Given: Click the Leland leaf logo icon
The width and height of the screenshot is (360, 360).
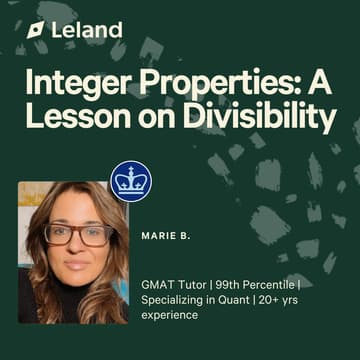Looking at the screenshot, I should point(37,30).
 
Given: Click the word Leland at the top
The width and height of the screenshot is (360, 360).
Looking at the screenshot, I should point(87,30).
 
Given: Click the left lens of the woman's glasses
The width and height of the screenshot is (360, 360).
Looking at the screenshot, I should point(57,237).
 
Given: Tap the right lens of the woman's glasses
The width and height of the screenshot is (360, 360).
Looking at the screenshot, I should point(95,236).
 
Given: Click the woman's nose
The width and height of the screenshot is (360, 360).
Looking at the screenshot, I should point(76,252).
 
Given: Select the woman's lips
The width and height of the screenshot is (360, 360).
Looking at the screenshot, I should point(76,272).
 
